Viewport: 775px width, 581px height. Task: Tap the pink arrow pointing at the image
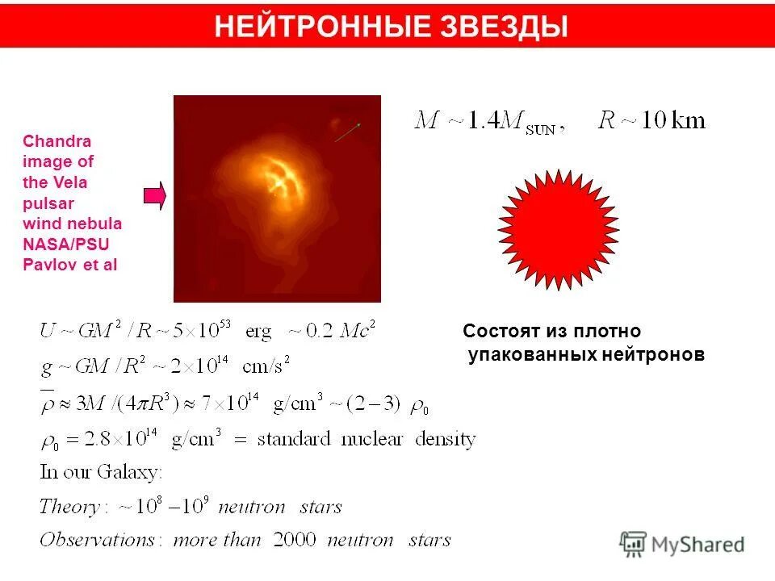pyautogui.click(x=154, y=194)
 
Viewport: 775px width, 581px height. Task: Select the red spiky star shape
pyautogui.click(x=559, y=230)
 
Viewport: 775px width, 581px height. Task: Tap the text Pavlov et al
pyautogui.click(x=70, y=265)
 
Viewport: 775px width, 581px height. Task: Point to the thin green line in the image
pyautogui.click(x=347, y=132)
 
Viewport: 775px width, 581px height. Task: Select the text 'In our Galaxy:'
pyautogui.click(x=101, y=471)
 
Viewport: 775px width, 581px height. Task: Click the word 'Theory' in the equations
pyautogui.click(x=69, y=507)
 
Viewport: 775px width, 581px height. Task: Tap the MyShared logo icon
pyautogui.click(x=634, y=543)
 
